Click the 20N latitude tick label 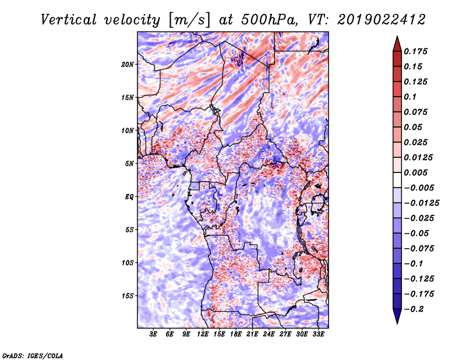[x=128, y=64]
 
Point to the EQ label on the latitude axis [x=129, y=197]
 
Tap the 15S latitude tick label [x=128, y=296]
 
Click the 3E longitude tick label [x=154, y=335]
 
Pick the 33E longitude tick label [x=319, y=335]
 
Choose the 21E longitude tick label [x=253, y=335]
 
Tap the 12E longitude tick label [x=203, y=335]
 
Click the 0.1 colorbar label [x=411, y=97]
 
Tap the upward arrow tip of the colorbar [x=397, y=38]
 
